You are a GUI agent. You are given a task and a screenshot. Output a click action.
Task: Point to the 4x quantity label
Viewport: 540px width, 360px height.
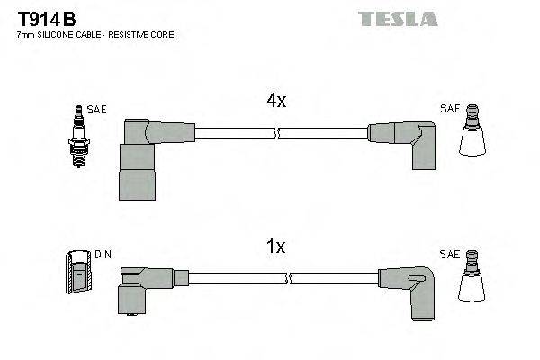coord(277,102)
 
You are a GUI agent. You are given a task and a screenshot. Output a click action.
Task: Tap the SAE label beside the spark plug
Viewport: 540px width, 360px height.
coord(96,110)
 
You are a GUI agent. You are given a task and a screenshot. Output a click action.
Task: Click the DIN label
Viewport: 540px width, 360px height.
coord(103,255)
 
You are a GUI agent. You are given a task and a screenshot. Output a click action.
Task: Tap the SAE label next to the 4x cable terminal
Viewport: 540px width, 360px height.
coord(450,110)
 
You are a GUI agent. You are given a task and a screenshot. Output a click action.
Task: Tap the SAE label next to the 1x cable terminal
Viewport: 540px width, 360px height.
coord(450,255)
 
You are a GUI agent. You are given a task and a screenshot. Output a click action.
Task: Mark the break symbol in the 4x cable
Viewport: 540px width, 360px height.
coord(277,133)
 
